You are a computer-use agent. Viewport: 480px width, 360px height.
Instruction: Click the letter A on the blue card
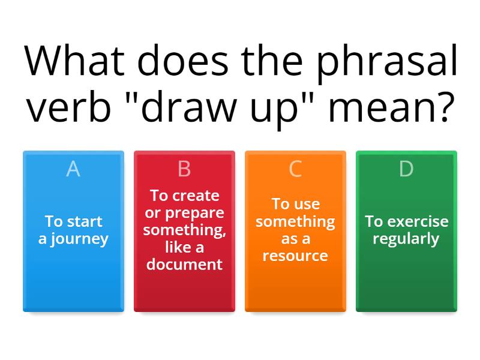[x=73, y=170]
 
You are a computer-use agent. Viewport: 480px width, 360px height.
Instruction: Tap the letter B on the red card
[x=184, y=170]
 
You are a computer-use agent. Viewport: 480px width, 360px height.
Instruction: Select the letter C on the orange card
[x=295, y=170]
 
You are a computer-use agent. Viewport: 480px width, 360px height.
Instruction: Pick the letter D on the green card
[x=406, y=170]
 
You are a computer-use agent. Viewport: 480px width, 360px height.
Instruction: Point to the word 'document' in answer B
[x=184, y=264]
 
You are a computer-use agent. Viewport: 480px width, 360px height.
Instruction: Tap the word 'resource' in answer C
[x=295, y=256]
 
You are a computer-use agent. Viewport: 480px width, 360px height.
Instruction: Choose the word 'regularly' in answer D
[x=406, y=239]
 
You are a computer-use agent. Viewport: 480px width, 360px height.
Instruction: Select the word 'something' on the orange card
[x=295, y=221]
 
